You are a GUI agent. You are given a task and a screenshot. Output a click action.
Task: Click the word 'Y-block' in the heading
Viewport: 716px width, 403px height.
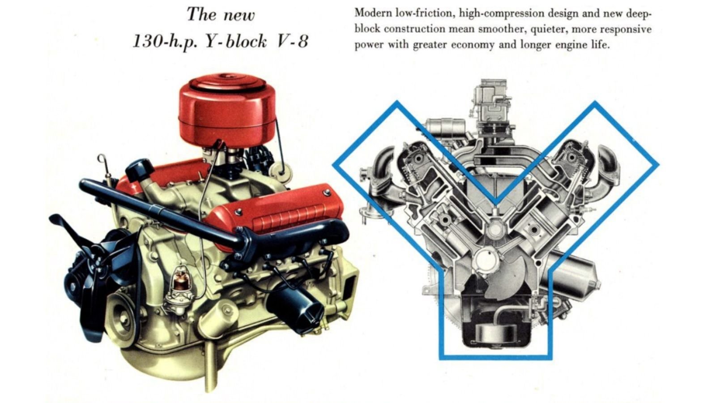(x=235, y=42)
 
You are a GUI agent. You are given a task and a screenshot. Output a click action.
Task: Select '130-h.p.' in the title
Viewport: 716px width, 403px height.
(x=165, y=42)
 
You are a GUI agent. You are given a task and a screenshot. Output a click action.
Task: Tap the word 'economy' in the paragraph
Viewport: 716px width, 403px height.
(x=473, y=45)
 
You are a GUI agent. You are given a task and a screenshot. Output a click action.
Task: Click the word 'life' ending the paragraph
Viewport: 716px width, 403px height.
(x=600, y=45)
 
